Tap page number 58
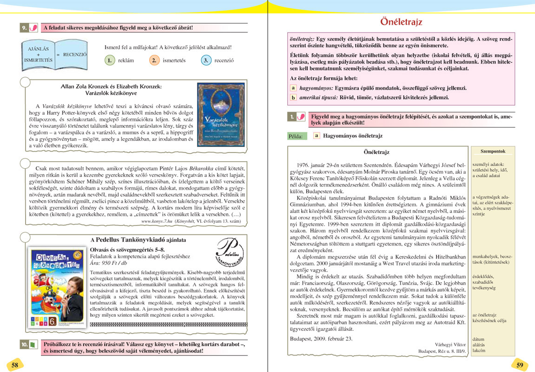[x=15, y=365]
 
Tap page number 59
[x=520, y=365]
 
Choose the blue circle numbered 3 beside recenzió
[x=206, y=60]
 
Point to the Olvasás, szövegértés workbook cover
[x=57, y=290]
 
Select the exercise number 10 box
[x=24, y=345]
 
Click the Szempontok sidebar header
[x=492, y=151]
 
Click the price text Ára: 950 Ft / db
[x=108, y=262]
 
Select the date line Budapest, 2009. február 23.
[x=321, y=339]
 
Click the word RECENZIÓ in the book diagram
[x=74, y=54]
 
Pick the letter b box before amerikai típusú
[x=293, y=98]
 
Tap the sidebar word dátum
[x=478, y=339]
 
